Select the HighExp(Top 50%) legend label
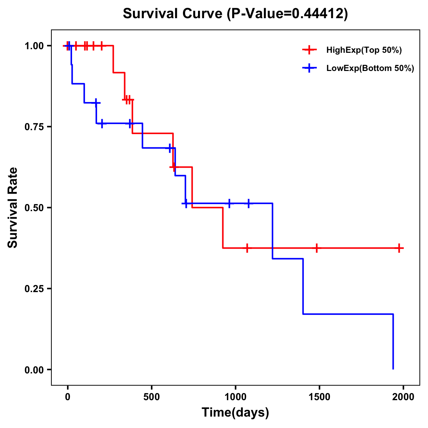[364, 50]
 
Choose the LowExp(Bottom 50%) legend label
[370, 68]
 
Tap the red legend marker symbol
[309, 50]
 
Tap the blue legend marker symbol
[309, 68]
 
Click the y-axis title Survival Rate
[13, 208]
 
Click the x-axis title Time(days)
[235, 412]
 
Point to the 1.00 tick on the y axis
[34, 46]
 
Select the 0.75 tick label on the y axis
[34, 127]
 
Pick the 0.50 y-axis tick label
[34, 208]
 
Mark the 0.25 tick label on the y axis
[34, 289]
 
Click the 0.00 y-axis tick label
[34, 370]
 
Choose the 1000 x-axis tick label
[235, 397]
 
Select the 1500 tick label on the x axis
[319, 397]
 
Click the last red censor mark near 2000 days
[399, 248]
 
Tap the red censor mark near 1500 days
[316, 248]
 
